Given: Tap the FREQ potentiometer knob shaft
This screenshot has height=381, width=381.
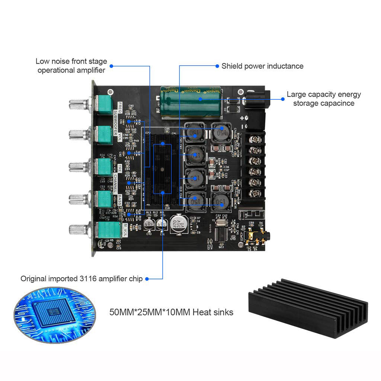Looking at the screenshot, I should pyautogui.click(x=79, y=104).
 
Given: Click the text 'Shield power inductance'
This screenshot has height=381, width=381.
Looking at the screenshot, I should pyautogui.click(x=262, y=66).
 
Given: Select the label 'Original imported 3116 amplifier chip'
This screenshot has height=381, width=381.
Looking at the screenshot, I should pyautogui.click(x=81, y=279).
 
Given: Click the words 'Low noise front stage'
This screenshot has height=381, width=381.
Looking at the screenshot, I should pyautogui.click(x=71, y=61).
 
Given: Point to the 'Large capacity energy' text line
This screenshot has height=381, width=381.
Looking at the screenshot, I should pyautogui.click(x=324, y=95).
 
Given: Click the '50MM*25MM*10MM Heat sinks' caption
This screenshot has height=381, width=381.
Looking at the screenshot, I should pyautogui.click(x=172, y=312).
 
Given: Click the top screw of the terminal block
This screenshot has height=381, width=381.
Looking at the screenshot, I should pyautogui.click(x=255, y=140).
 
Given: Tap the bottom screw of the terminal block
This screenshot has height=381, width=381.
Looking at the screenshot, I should pyautogui.click(x=255, y=193).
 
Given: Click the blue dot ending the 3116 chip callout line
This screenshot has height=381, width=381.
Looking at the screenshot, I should pyautogui.click(x=147, y=279).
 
